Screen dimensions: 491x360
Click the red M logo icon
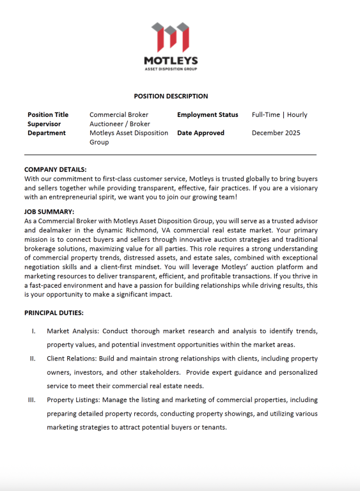(x=170, y=38)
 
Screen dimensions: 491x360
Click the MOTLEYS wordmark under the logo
(x=170, y=61)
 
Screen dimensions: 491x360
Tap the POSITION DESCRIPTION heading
(x=171, y=97)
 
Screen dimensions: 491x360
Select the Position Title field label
(x=48, y=115)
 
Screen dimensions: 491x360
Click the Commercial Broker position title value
(x=118, y=115)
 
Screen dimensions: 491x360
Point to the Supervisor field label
(x=45, y=124)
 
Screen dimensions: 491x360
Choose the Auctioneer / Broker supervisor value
(x=120, y=124)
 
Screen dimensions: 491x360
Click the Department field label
(x=46, y=133)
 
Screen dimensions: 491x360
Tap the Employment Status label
(x=207, y=115)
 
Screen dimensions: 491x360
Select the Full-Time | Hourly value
(x=279, y=115)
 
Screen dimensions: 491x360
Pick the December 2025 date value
(x=276, y=133)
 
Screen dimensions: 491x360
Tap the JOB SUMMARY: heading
(x=49, y=212)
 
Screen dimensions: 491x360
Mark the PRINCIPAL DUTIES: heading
(x=54, y=313)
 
